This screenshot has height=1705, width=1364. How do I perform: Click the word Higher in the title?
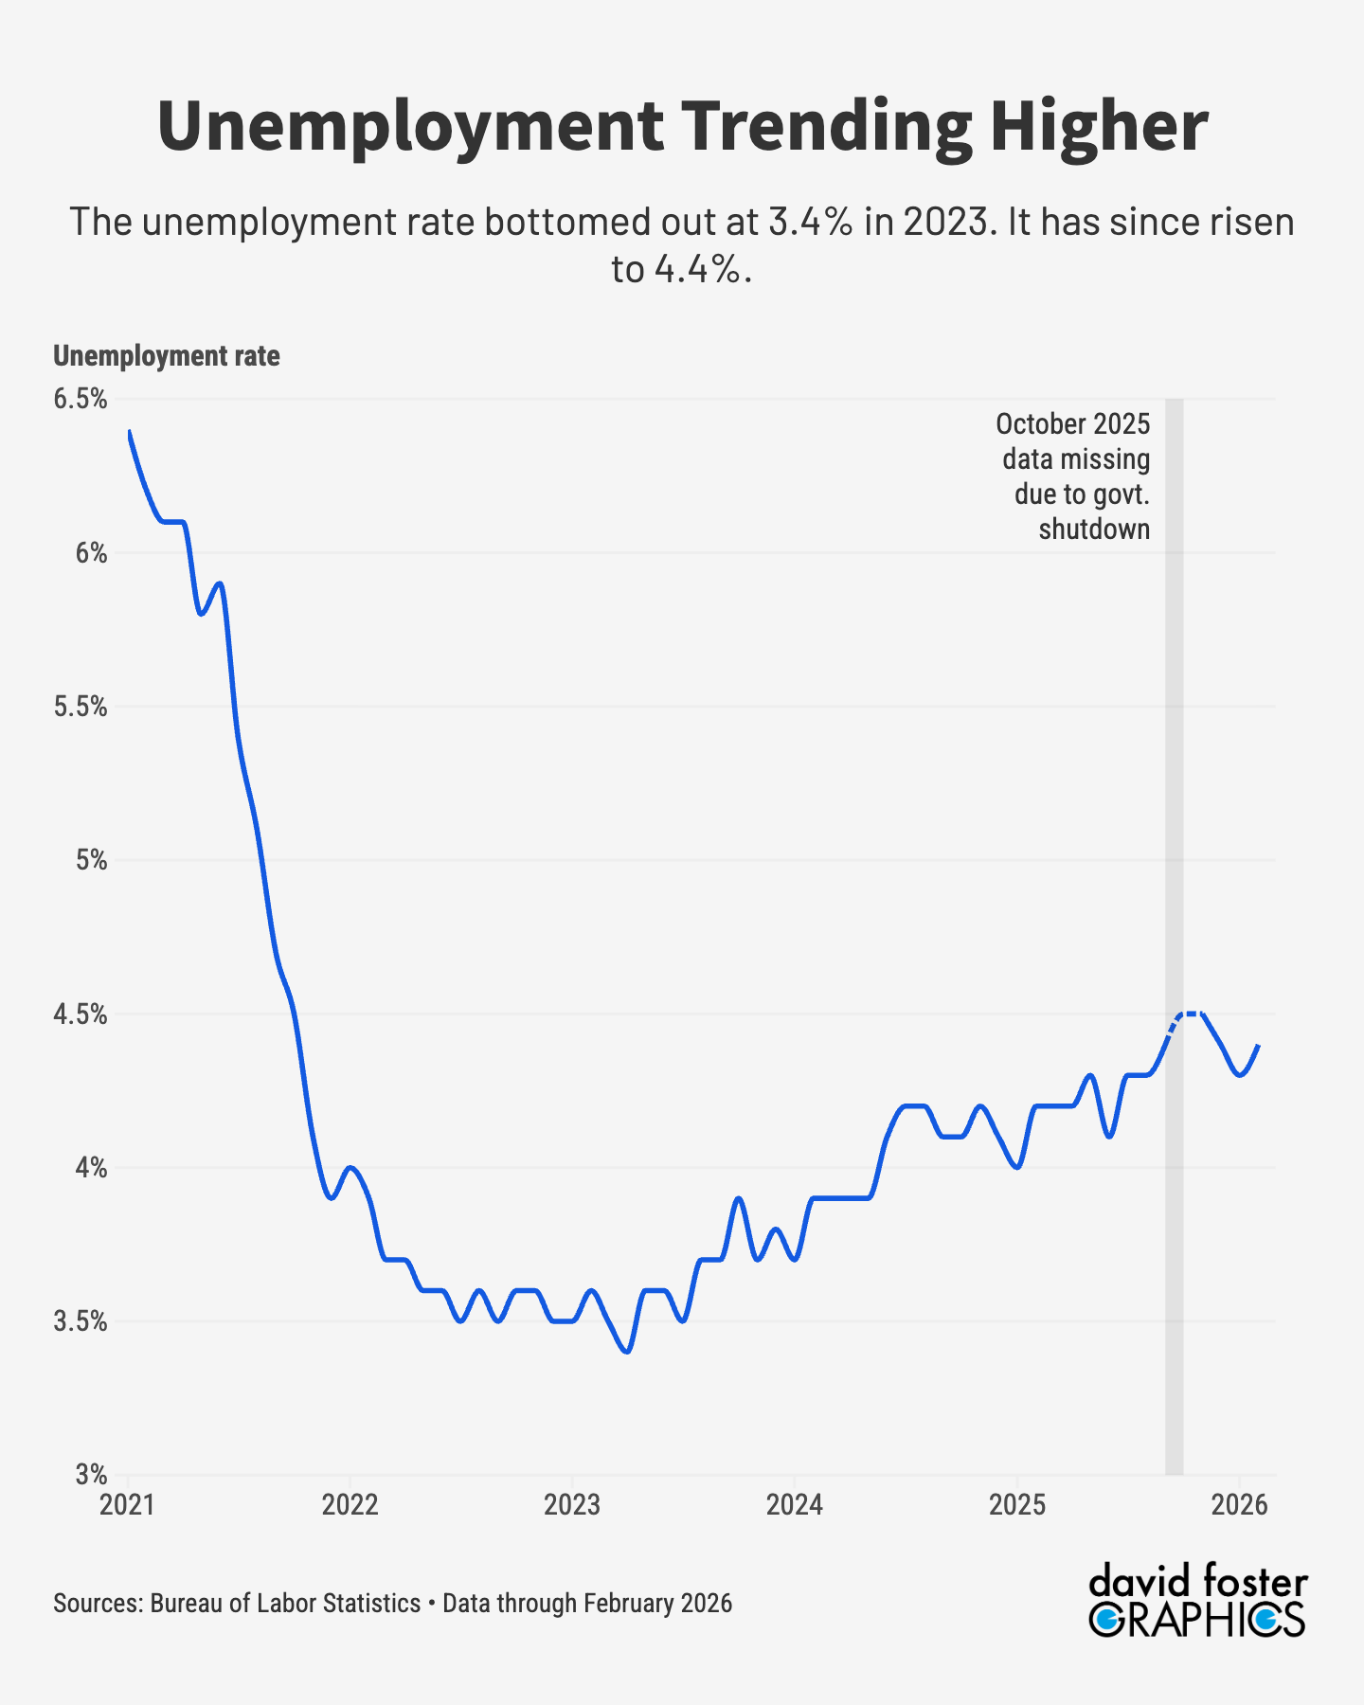point(1099,127)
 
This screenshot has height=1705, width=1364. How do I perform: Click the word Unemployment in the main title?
point(410,127)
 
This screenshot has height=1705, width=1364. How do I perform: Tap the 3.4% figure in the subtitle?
point(811,223)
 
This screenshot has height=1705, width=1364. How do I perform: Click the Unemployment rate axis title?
point(167,356)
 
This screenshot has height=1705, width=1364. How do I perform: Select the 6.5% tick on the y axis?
point(81,399)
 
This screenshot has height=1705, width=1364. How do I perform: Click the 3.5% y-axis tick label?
point(81,1321)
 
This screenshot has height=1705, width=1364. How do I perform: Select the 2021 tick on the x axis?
point(128,1504)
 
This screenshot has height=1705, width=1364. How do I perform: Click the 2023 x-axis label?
point(572,1504)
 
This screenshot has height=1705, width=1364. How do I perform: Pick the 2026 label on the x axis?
point(1239,1504)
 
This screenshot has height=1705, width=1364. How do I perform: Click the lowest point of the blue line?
point(627,1352)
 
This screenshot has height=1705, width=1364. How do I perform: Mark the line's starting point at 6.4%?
point(130,431)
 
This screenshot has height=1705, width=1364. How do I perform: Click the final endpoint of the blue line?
point(1258,1046)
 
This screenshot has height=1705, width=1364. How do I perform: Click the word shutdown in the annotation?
point(1094,529)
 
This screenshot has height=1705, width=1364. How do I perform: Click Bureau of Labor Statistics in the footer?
point(285,1603)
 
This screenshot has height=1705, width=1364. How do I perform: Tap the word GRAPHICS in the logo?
point(1197,1620)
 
